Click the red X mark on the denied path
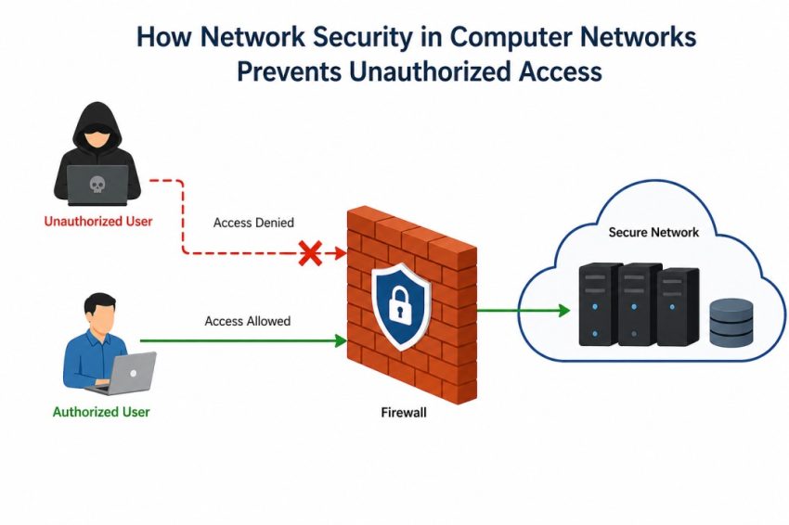tap(309, 253)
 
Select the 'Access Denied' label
tap(253, 223)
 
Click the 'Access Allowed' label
tap(247, 321)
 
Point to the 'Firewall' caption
tap(404, 413)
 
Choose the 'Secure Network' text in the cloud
tap(653, 232)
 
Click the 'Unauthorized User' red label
tap(98, 222)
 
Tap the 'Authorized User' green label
tap(101, 412)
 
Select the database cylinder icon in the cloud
tap(731, 322)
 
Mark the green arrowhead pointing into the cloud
tap(563, 311)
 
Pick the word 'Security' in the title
tap(315, 38)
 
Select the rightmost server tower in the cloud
tap(679, 306)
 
